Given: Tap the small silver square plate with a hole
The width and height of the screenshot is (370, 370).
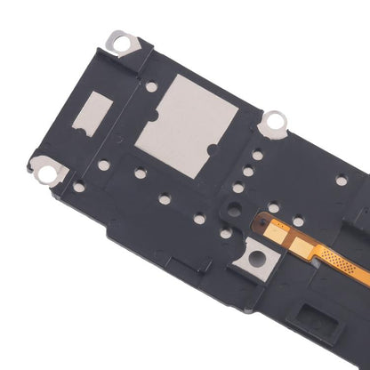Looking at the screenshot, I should (x=256, y=259).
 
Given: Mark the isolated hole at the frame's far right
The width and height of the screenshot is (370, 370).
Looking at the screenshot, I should (x=341, y=181).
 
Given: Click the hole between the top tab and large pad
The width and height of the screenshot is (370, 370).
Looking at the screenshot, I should (x=151, y=87).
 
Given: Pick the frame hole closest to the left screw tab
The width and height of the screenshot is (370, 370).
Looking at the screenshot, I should (x=79, y=186).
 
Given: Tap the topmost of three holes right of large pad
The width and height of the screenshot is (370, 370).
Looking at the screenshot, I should (x=257, y=155).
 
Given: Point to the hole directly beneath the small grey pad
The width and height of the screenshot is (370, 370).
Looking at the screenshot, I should (x=104, y=165).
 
